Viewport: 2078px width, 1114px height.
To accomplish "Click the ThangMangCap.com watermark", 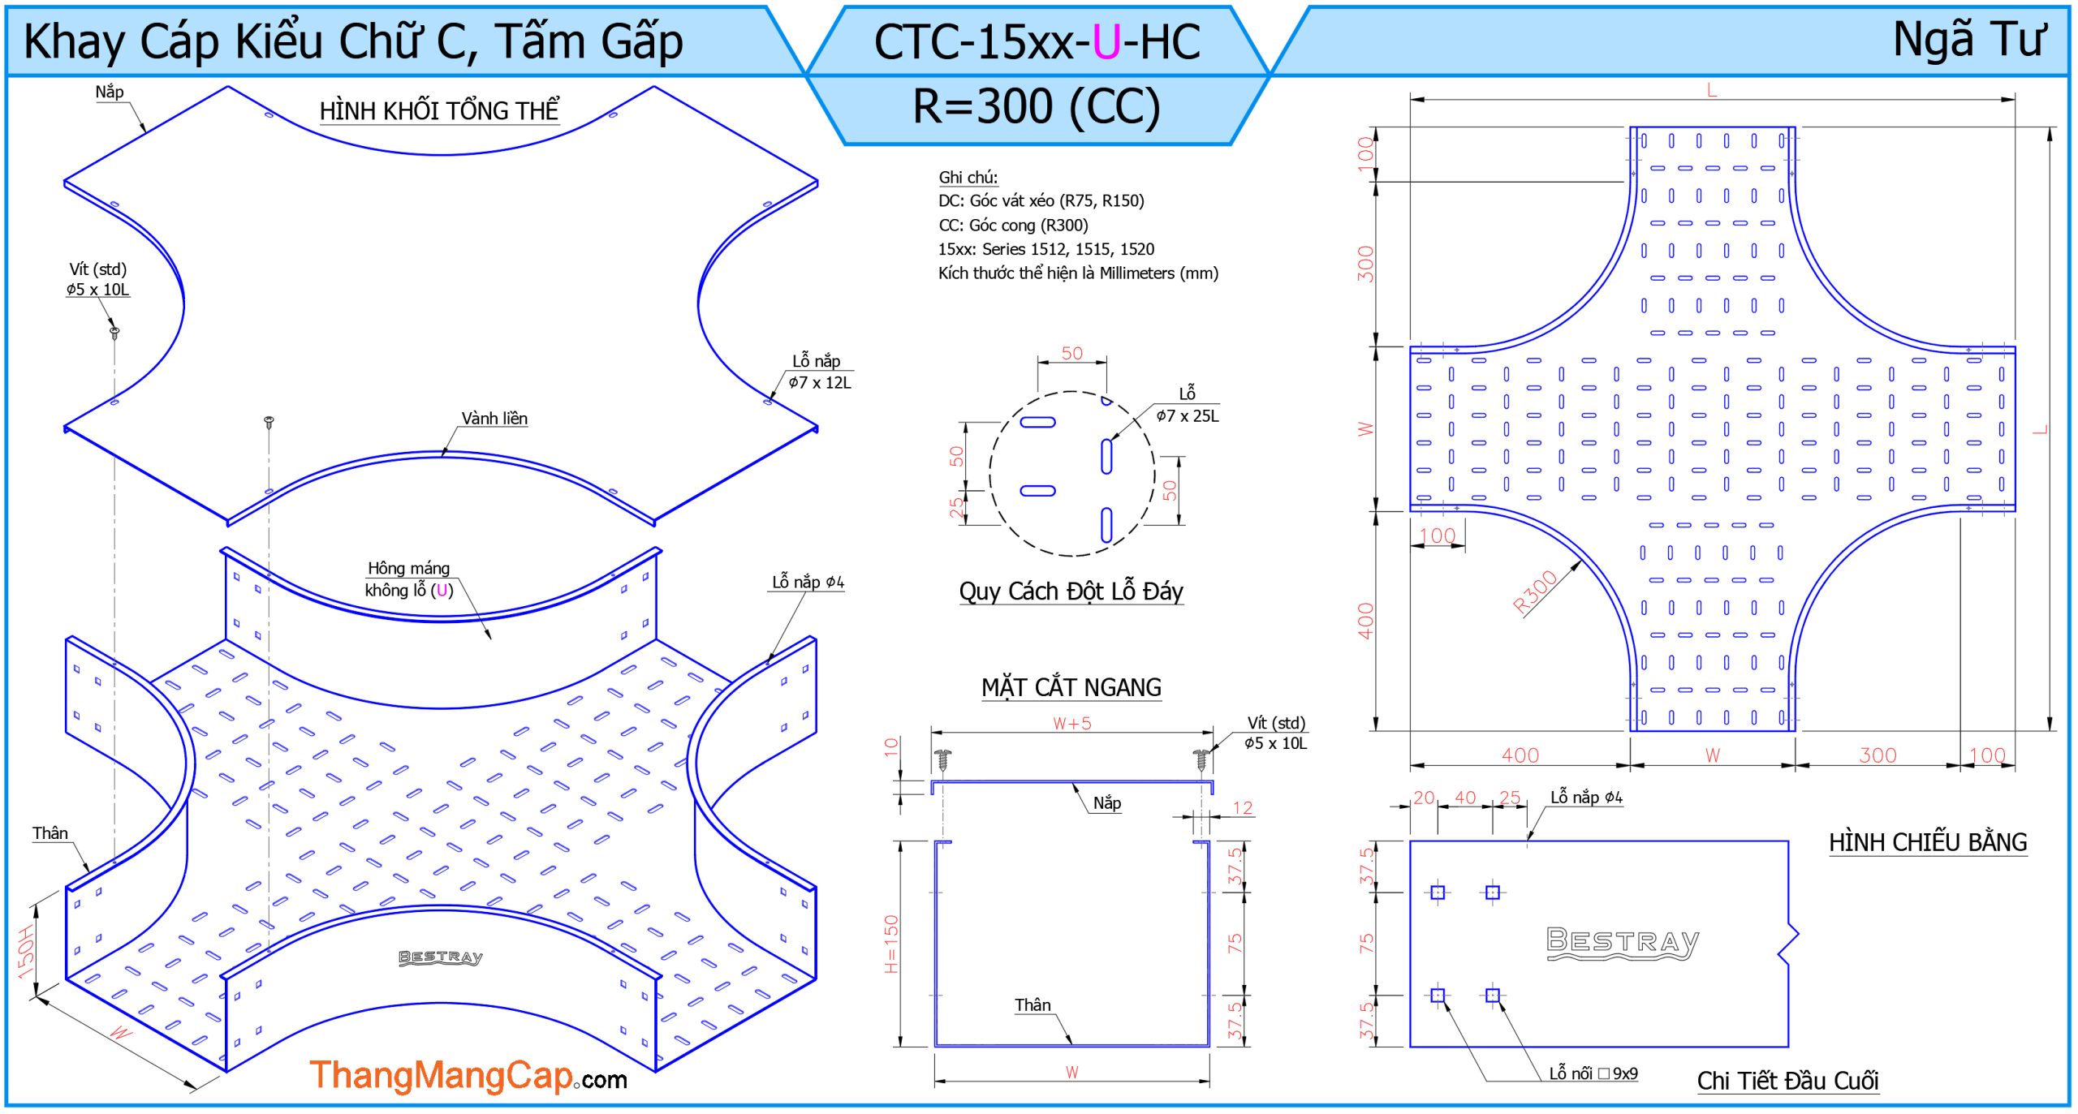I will (x=468, y=1077).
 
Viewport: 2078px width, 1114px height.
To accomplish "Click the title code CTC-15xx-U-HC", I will (x=1037, y=42).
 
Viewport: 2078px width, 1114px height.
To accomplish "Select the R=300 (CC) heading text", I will (x=1037, y=107).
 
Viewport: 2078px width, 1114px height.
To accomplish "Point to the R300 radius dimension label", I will (x=1535, y=592).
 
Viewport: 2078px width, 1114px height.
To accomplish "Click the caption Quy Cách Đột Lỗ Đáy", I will (x=1071, y=591).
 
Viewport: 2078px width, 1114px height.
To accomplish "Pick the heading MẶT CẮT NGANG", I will (x=1071, y=688).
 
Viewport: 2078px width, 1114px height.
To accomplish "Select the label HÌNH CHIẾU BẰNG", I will (x=1927, y=843).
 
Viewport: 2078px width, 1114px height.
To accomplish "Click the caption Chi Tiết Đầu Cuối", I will (x=1787, y=1081).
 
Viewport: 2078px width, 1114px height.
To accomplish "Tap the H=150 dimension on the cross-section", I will (x=891, y=944).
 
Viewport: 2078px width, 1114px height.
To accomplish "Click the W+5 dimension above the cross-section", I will (x=1071, y=724).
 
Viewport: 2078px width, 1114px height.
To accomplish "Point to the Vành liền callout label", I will (x=494, y=419).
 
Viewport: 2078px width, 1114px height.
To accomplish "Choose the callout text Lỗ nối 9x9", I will (x=1593, y=1073).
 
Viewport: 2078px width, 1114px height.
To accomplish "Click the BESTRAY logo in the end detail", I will (x=1622, y=943).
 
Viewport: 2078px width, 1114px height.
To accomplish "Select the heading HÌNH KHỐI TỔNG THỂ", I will (x=438, y=111).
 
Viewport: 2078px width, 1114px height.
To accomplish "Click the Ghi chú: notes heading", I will (x=968, y=178).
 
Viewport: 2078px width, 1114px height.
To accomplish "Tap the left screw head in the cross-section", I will (x=942, y=759).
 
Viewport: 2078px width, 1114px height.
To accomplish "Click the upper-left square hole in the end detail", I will (x=1438, y=892).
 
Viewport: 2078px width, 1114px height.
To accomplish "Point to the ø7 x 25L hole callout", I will (x=1187, y=416).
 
